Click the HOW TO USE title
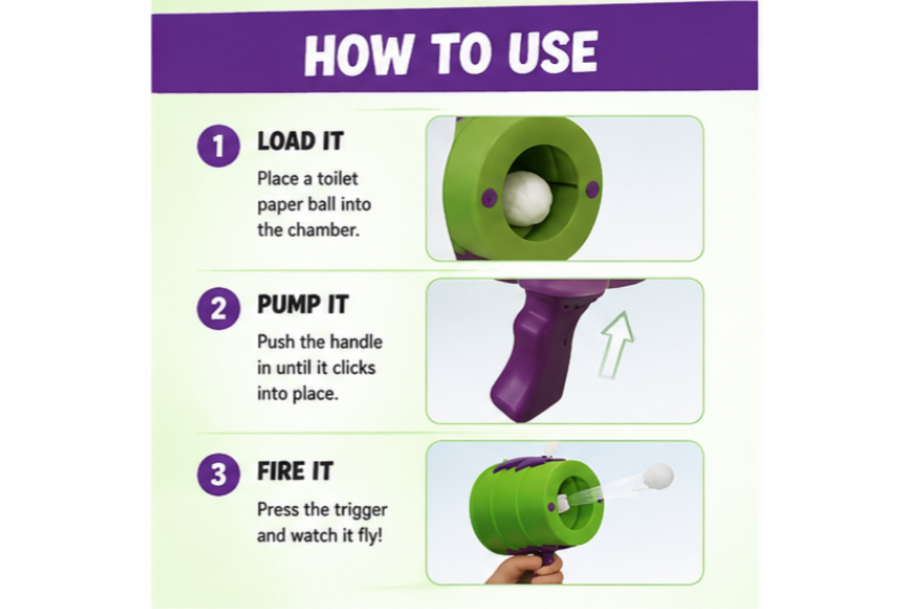pos(450,53)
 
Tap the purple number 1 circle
pos(218,145)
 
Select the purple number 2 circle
pos(218,308)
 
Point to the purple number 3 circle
pos(218,474)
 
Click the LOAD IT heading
pos(301,141)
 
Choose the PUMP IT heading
pos(303,304)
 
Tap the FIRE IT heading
pos(295,470)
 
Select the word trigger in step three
pos(361,510)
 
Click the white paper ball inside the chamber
pos(527,198)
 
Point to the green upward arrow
pos(616,345)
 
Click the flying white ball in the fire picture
pos(657,477)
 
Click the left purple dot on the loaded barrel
pos(488,198)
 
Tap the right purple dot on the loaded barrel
pos(592,189)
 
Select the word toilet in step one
pos(338,179)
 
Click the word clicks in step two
pos(353,368)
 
